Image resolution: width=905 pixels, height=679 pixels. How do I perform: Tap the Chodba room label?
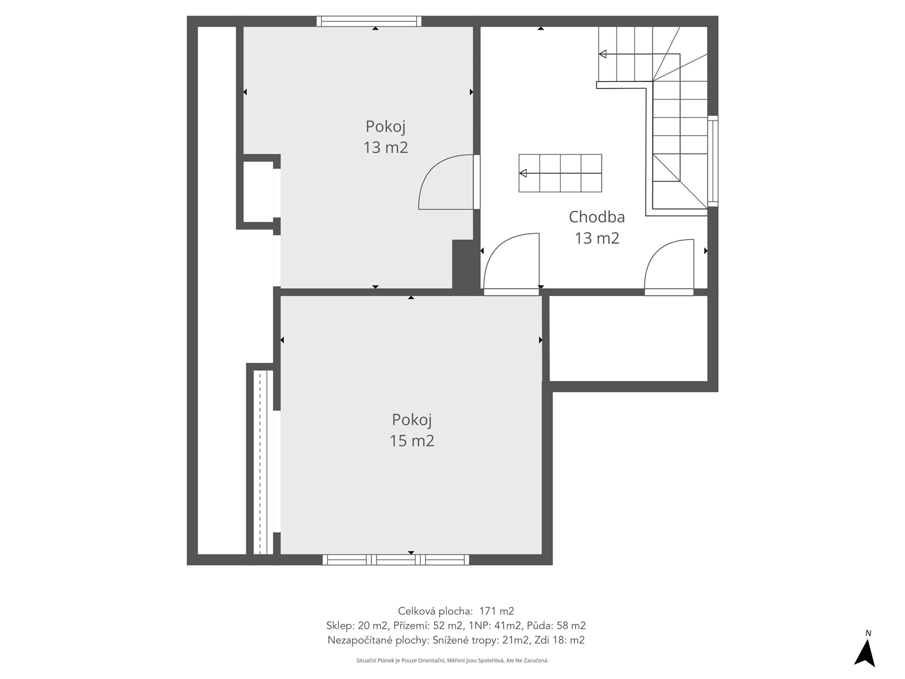597,217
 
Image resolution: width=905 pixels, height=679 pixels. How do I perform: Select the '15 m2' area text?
411,440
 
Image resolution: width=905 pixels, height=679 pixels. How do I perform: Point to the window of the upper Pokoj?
369,21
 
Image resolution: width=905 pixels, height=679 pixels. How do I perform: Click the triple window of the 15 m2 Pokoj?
396,560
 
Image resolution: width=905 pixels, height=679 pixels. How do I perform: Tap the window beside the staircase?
713,161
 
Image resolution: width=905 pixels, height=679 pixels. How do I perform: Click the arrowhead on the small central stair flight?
523,174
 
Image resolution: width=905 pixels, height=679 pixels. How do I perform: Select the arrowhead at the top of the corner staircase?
602,54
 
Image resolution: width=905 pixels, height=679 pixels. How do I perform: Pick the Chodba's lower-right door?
669,267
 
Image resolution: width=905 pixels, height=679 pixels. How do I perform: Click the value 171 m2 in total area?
496,611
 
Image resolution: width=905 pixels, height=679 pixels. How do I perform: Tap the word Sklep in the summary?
340,626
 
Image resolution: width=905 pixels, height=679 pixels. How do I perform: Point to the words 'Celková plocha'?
435,611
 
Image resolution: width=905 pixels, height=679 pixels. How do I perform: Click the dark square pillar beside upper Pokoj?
463,264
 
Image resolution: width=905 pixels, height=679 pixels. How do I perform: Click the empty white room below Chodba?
629,338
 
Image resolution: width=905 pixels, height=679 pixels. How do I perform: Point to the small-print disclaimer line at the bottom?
452,661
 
